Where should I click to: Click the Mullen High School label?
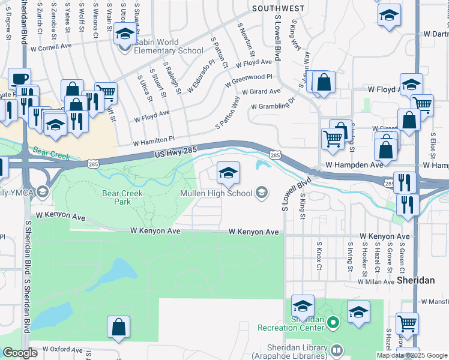(217, 193)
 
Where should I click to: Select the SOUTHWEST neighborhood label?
(278, 8)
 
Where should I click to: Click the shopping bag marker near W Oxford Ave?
(119, 328)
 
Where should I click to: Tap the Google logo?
(20, 353)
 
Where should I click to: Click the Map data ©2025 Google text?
(412, 355)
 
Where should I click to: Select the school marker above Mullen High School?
(228, 173)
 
